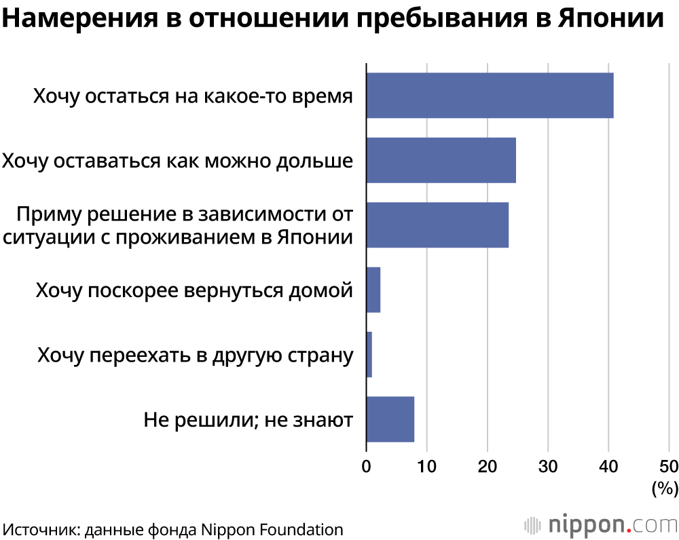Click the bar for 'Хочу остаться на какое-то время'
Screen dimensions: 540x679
point(490,96)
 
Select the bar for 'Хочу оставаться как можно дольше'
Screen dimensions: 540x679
point(441,160)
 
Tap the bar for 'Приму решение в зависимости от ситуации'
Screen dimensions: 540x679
point(437,225)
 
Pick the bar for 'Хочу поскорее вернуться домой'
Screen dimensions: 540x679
point(373,290)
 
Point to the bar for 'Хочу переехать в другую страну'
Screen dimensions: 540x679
point(369,354)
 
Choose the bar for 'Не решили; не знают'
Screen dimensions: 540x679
point(390,419)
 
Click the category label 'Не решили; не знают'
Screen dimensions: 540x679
point(248,420)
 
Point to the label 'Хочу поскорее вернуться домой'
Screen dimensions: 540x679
point(194,290)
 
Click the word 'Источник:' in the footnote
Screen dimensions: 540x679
point(41,529)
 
